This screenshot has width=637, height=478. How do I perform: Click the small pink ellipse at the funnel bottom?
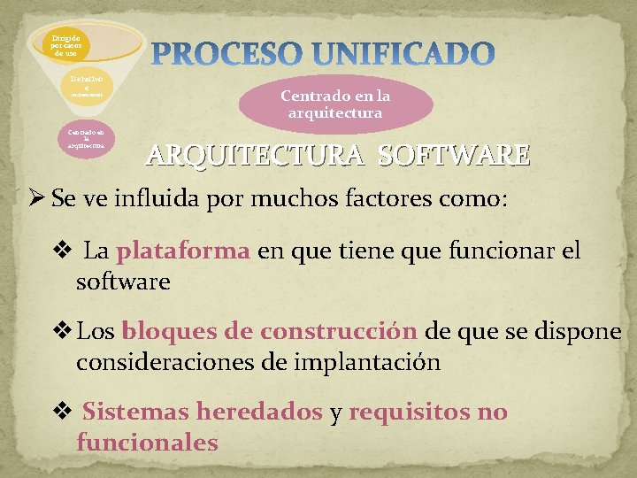[x=86, y=139]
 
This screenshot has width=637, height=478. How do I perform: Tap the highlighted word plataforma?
[x=183, y=251]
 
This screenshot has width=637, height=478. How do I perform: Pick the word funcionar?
[x=498, y=251]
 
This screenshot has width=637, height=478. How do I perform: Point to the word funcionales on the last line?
[x=147, y=442]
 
